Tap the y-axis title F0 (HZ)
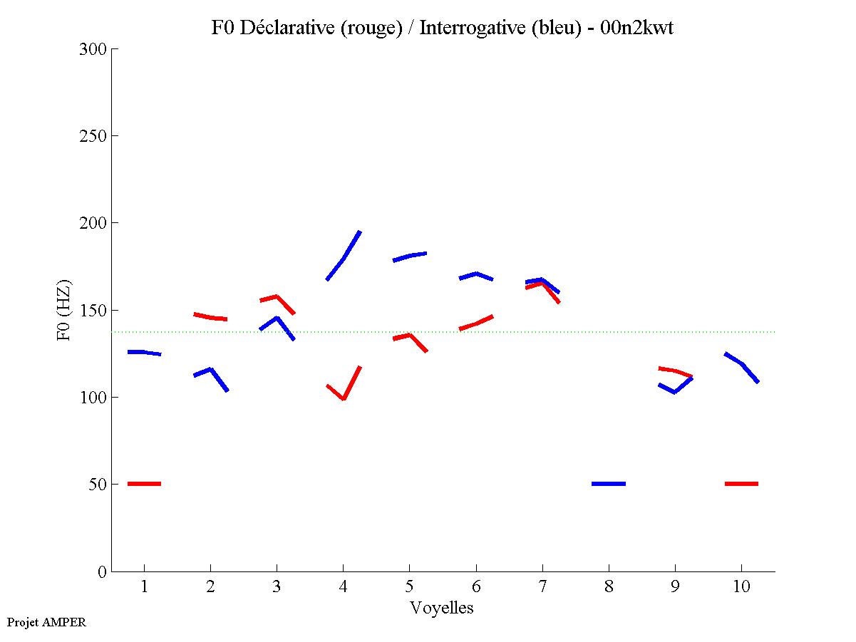tap(64, 309)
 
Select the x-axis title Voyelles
tap(442, 608)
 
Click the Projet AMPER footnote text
tap(46, 622)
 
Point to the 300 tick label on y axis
tap(93, 49)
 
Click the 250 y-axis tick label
tap(93, 136)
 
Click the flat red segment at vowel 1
tap(144, 484)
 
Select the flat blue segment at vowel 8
tap(609, 484)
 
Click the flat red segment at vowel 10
tap(741, 484)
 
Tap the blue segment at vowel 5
tap(410, 256)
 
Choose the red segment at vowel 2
tap(210, 317)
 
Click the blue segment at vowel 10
tap(742, 365)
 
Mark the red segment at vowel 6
tap(476, 323)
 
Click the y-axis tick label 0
tap(101, 571)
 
